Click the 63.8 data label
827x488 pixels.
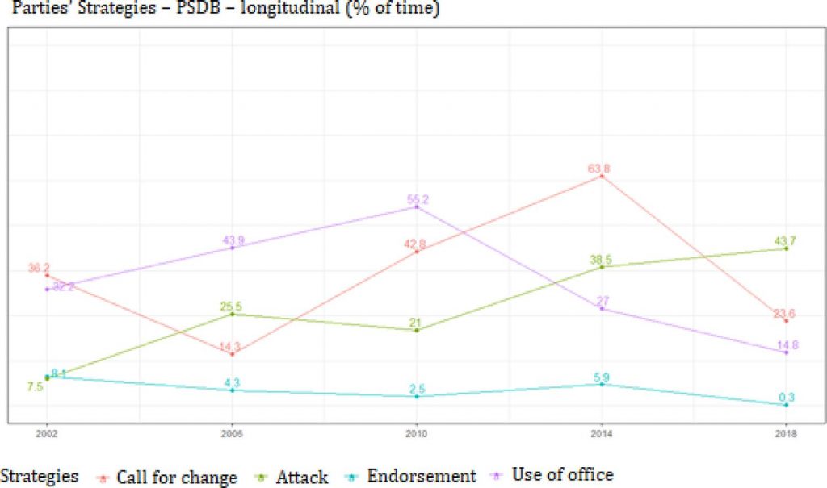[x=601, y=169]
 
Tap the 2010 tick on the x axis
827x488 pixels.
[x=417, y=434]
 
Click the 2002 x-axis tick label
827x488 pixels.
[x=47, y=434]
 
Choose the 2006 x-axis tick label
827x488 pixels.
[x=232, y=434]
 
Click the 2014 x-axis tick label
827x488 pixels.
[x=601, y=434]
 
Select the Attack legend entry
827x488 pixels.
[x=302, y=478]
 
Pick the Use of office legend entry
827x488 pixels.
[x=563, y=475]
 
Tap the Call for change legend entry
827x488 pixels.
[x=176, y=478]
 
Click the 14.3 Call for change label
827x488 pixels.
[x=232, y=348]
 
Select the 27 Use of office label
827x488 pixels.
[x=602, y=301]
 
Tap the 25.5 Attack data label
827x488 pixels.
[x=232, y=307]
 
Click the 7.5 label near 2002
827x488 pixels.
[x=35, y=387]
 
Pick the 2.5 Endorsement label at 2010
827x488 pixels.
[x=417, y=389]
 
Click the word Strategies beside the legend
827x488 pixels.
[x=40, y=476]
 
